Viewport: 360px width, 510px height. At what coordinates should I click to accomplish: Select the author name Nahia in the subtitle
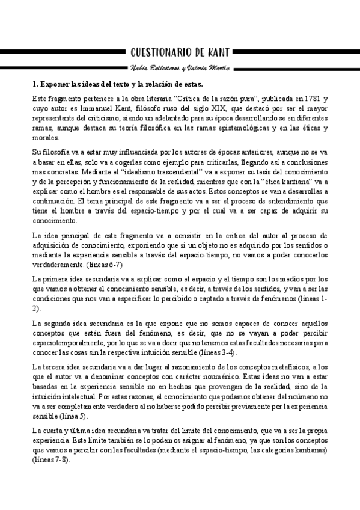(x=141, y=67)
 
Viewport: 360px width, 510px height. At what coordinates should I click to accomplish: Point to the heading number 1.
(x=35, y=84)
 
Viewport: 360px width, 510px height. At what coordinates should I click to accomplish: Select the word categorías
(x=267, y=450)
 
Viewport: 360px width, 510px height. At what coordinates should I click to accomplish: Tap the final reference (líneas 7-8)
(x=51, y=460)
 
